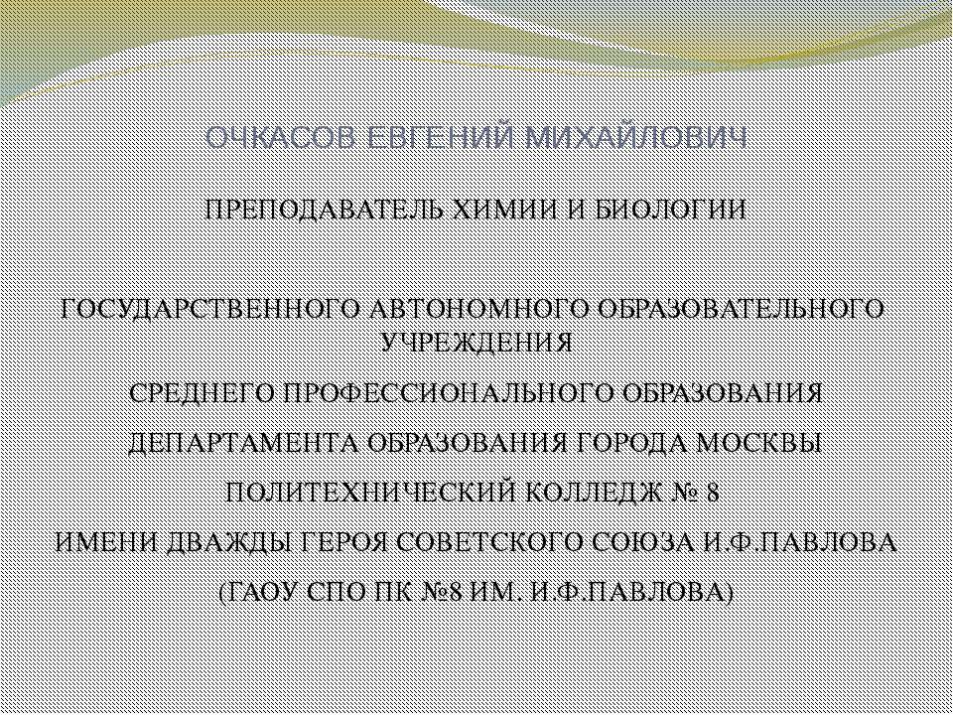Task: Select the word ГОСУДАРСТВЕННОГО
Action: coord(195,310)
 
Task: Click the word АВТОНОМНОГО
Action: coord(459,310)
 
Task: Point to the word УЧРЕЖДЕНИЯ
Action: coord(476,344)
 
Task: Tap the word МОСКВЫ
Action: coord(769,443)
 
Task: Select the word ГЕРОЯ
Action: coord(336,543)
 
